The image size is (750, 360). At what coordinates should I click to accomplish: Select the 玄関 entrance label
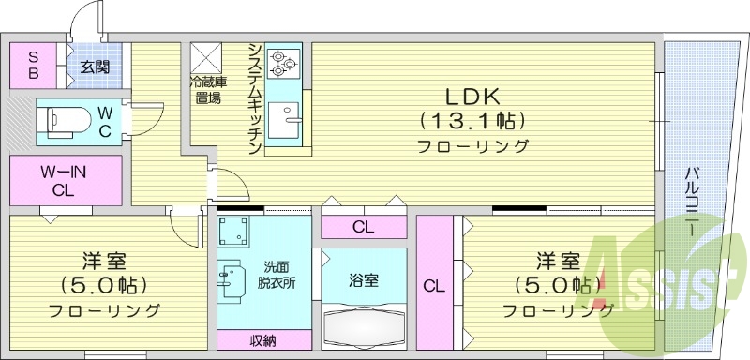click(93, 67)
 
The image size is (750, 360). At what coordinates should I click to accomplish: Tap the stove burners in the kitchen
click(281, 63)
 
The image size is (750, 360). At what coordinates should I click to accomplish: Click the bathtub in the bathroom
click(363, 326)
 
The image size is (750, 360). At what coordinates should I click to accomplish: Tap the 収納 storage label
click(262, 339)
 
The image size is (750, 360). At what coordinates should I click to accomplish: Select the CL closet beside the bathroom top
click(362, 226)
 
